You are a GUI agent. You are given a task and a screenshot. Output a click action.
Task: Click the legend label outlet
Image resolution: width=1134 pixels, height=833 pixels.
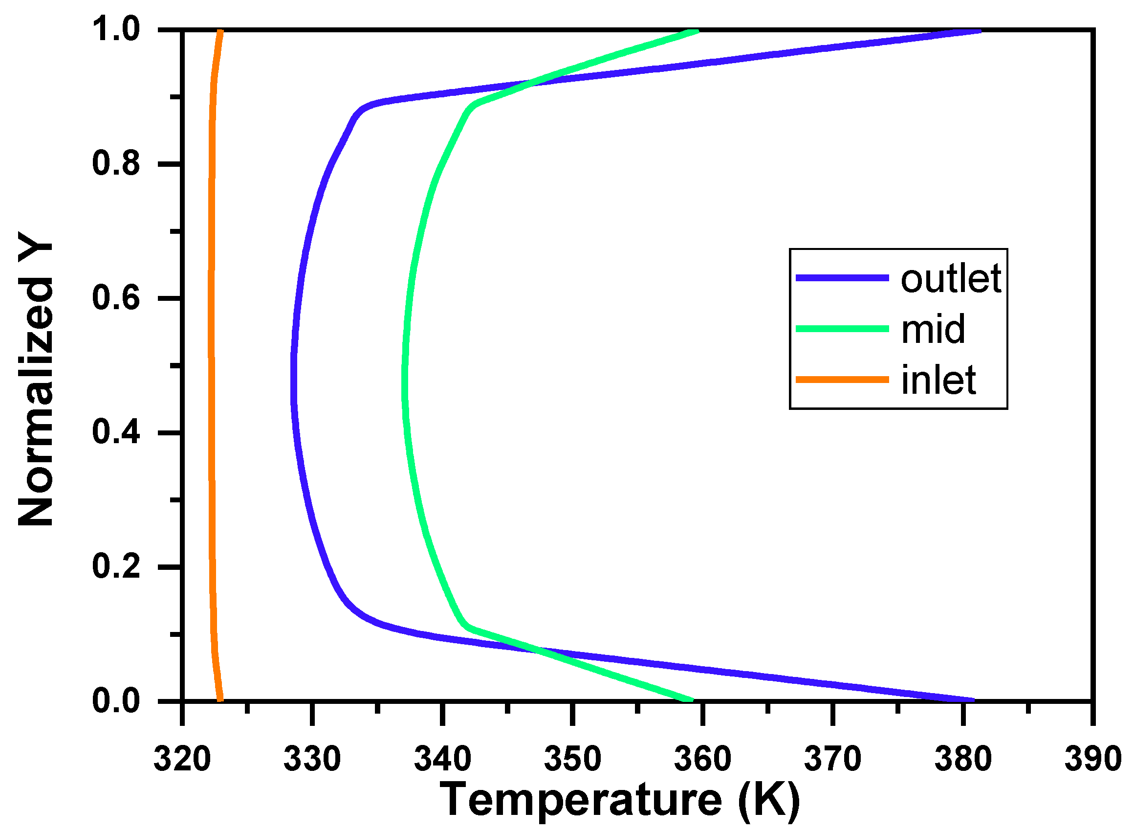pos(950,278)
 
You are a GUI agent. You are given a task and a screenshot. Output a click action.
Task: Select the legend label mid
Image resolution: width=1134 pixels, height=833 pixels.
pos(933,329)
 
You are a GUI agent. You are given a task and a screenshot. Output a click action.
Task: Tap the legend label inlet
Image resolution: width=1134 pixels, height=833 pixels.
pos(938,380)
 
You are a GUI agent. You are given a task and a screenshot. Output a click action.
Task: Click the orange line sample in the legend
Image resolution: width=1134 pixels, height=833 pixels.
pos(842,379)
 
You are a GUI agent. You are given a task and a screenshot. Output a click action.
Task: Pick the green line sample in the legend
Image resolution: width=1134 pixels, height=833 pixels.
pos(842,329)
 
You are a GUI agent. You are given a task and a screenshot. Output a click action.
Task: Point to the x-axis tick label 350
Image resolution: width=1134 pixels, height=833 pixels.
pos(572,759)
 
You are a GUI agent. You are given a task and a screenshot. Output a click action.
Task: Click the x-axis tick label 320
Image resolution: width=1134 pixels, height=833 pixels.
pos(182,759)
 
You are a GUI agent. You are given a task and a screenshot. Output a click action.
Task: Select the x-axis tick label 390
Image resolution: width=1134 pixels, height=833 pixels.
pos(1092,759)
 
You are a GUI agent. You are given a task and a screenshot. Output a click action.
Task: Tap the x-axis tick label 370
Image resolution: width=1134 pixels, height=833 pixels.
pos(832,759)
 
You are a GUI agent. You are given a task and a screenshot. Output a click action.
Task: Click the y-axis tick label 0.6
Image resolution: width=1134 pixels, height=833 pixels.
pos(116,298)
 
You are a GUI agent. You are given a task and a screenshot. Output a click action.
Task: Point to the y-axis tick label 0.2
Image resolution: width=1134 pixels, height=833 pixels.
pos(116,567)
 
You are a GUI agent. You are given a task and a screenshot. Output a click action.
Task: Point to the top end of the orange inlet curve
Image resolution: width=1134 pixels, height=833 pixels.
pos(220,32)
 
